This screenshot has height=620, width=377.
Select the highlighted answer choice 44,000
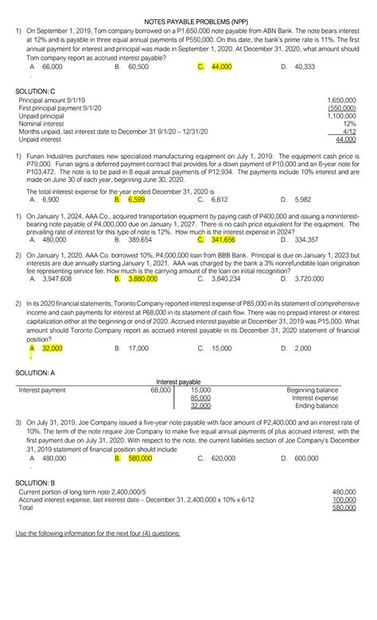tap(220, 68)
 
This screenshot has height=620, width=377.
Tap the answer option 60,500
tap(138, 68)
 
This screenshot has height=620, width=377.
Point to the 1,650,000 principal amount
tap(341, 102)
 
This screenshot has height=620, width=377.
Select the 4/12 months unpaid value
tap(348, 131)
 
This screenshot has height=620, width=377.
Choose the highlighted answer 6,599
tap(137, 200)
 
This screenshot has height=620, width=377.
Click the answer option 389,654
tap(139, 238)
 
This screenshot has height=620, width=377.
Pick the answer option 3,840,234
tap(226, 279)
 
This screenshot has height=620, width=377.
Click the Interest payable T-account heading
tap(178, 382)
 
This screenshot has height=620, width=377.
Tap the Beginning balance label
tap(313, 390)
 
